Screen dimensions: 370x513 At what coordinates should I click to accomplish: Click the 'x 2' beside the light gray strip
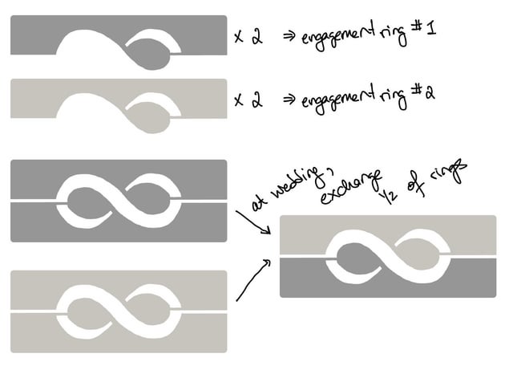[248, 100]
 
